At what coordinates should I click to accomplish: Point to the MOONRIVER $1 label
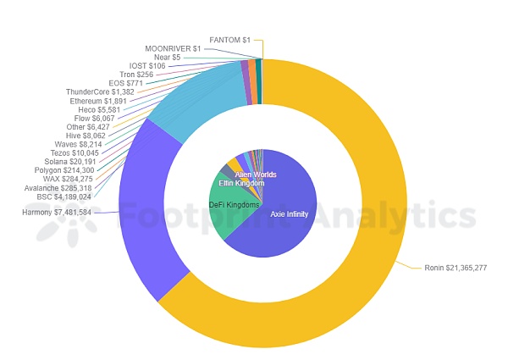click(173, 48)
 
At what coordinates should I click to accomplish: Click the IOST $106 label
click(147, 65)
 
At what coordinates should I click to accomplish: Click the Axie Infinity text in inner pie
click(289, 214)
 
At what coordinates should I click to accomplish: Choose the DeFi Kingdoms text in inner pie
click(235, 206)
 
